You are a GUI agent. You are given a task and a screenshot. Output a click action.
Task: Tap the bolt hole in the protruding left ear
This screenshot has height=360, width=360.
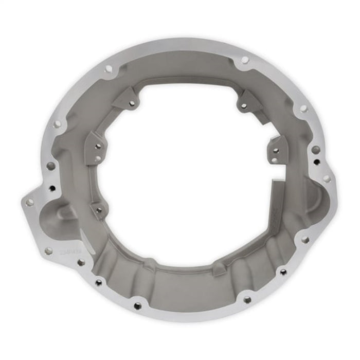[x=30, y=202]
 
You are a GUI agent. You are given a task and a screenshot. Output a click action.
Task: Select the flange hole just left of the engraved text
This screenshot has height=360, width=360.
[x=48, y=251]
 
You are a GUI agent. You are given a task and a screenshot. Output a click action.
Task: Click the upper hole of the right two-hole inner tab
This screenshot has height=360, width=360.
[x=276, y=151]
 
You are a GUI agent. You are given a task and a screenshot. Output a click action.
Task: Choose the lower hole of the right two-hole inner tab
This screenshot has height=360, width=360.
[x=275, y=160]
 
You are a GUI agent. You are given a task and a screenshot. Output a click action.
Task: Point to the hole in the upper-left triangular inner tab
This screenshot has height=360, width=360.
[x=132, y=103]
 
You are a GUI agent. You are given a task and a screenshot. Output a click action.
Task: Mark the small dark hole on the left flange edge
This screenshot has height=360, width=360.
[x=52, y=188]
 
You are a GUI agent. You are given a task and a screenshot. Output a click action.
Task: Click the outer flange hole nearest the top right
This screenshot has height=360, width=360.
[x=303, y=109]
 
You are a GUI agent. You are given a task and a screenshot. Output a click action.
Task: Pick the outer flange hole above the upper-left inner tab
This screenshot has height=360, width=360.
[x=109, y=69]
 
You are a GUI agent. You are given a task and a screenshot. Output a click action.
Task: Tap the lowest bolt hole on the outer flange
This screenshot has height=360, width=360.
[x=137, y=306]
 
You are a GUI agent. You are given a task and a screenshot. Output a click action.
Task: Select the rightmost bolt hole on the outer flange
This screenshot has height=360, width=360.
[x=327, y=178]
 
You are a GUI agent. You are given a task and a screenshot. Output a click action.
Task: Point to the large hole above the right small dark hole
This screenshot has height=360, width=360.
[x=315, y=150]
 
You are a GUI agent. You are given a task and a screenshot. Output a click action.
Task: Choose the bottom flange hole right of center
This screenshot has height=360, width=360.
[x=247, y=299]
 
